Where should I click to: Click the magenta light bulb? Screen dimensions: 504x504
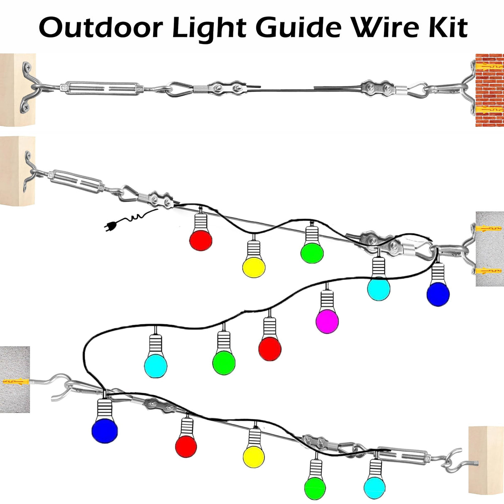pos(327,321)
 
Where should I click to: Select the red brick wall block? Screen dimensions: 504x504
pos(489,90)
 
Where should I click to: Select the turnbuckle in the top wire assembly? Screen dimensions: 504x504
pos(102,88)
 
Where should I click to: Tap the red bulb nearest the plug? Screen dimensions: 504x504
pos(201,240)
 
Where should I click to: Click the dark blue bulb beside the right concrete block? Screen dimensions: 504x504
pos(438,294)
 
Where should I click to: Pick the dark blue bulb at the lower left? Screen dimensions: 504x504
pos(105,430)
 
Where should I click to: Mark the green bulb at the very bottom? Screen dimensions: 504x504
pos(315,489)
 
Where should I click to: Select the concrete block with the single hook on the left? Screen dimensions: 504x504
pos(15,379)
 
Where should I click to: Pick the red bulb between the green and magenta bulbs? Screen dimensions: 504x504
pos(270,348)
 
